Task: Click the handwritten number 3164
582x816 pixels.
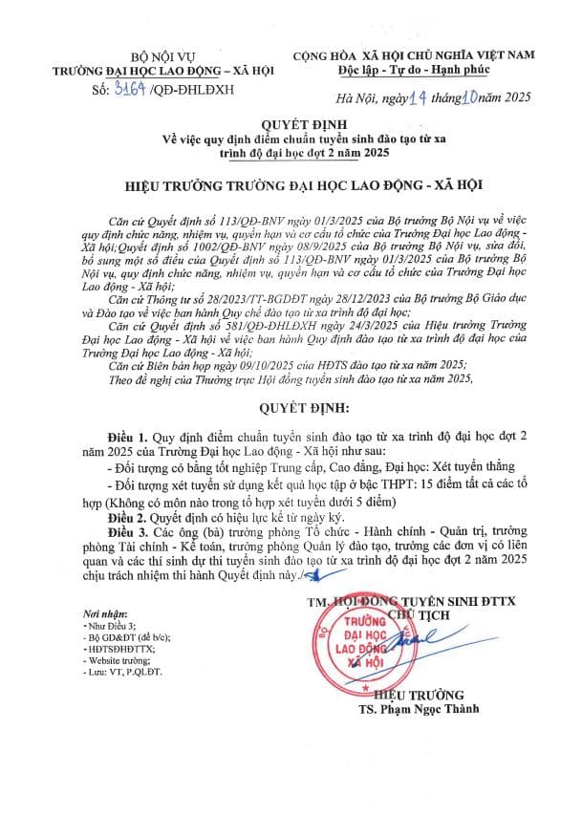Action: tap(130, 91)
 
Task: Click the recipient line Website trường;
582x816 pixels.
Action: tap(114, 659)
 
